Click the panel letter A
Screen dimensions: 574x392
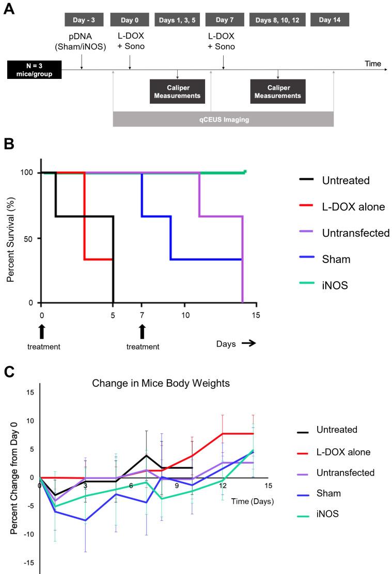pyautogui.click(x=9, y=10)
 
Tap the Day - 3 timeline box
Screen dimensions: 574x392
pyautogui.click(x=84, y=20)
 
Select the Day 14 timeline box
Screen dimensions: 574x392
pyautogui.click(x=330, y=20)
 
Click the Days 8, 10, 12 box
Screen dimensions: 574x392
pyautogui.click(x=278, y=20)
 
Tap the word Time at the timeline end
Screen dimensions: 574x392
pyautogui.click(x=372, y=64)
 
